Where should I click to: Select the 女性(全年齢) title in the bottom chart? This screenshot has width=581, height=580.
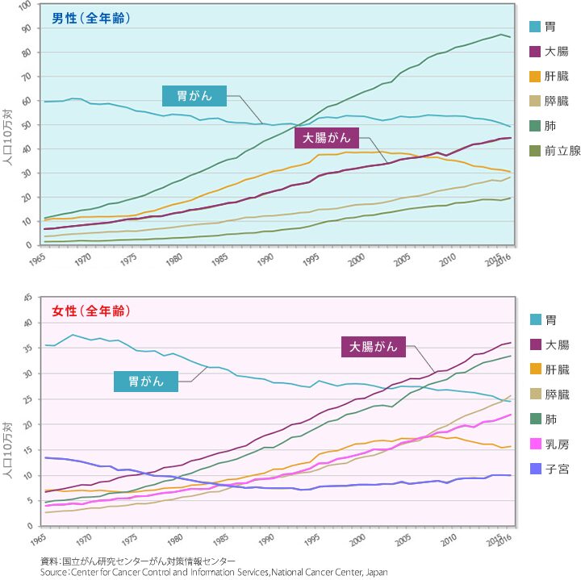click(x=90, y=311)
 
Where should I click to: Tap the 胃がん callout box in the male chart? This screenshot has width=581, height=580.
click(x=194, y=96)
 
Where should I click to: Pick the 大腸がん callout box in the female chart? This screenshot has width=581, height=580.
click(x=374, y=347)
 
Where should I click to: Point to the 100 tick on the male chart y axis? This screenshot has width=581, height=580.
click(x=24, y=5)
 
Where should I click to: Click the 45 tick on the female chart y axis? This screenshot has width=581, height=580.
click(x=27, y=298)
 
